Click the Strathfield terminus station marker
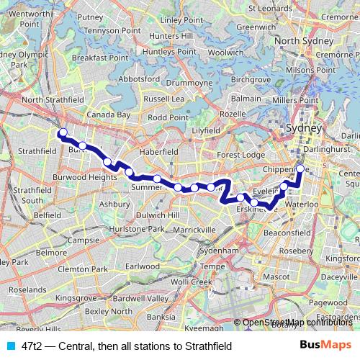point(63,132)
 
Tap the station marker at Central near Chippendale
point(301,170)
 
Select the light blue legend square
point(9,346)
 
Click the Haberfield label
point(158,152)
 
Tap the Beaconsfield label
point(287,233)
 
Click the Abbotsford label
point(138,79)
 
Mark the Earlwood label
point(141,266)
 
